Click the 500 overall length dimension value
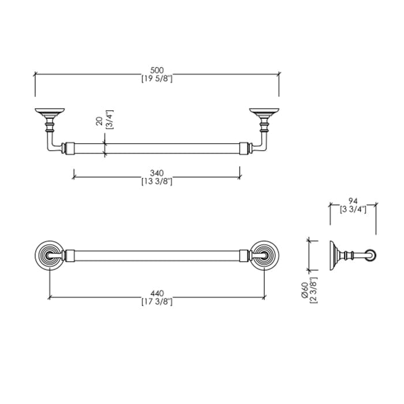tap(157, 70)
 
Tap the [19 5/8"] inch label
tap(157, 78)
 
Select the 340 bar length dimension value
tap(157, 173)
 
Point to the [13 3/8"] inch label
tap(157, 181)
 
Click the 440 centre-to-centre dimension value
tap(157, 293)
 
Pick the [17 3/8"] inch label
tap(157, 301)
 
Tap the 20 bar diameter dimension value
tap(99, 121)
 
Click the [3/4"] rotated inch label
tap(109, 119)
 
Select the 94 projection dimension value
tap(353, 201)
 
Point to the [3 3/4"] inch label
tap(353, 209)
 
